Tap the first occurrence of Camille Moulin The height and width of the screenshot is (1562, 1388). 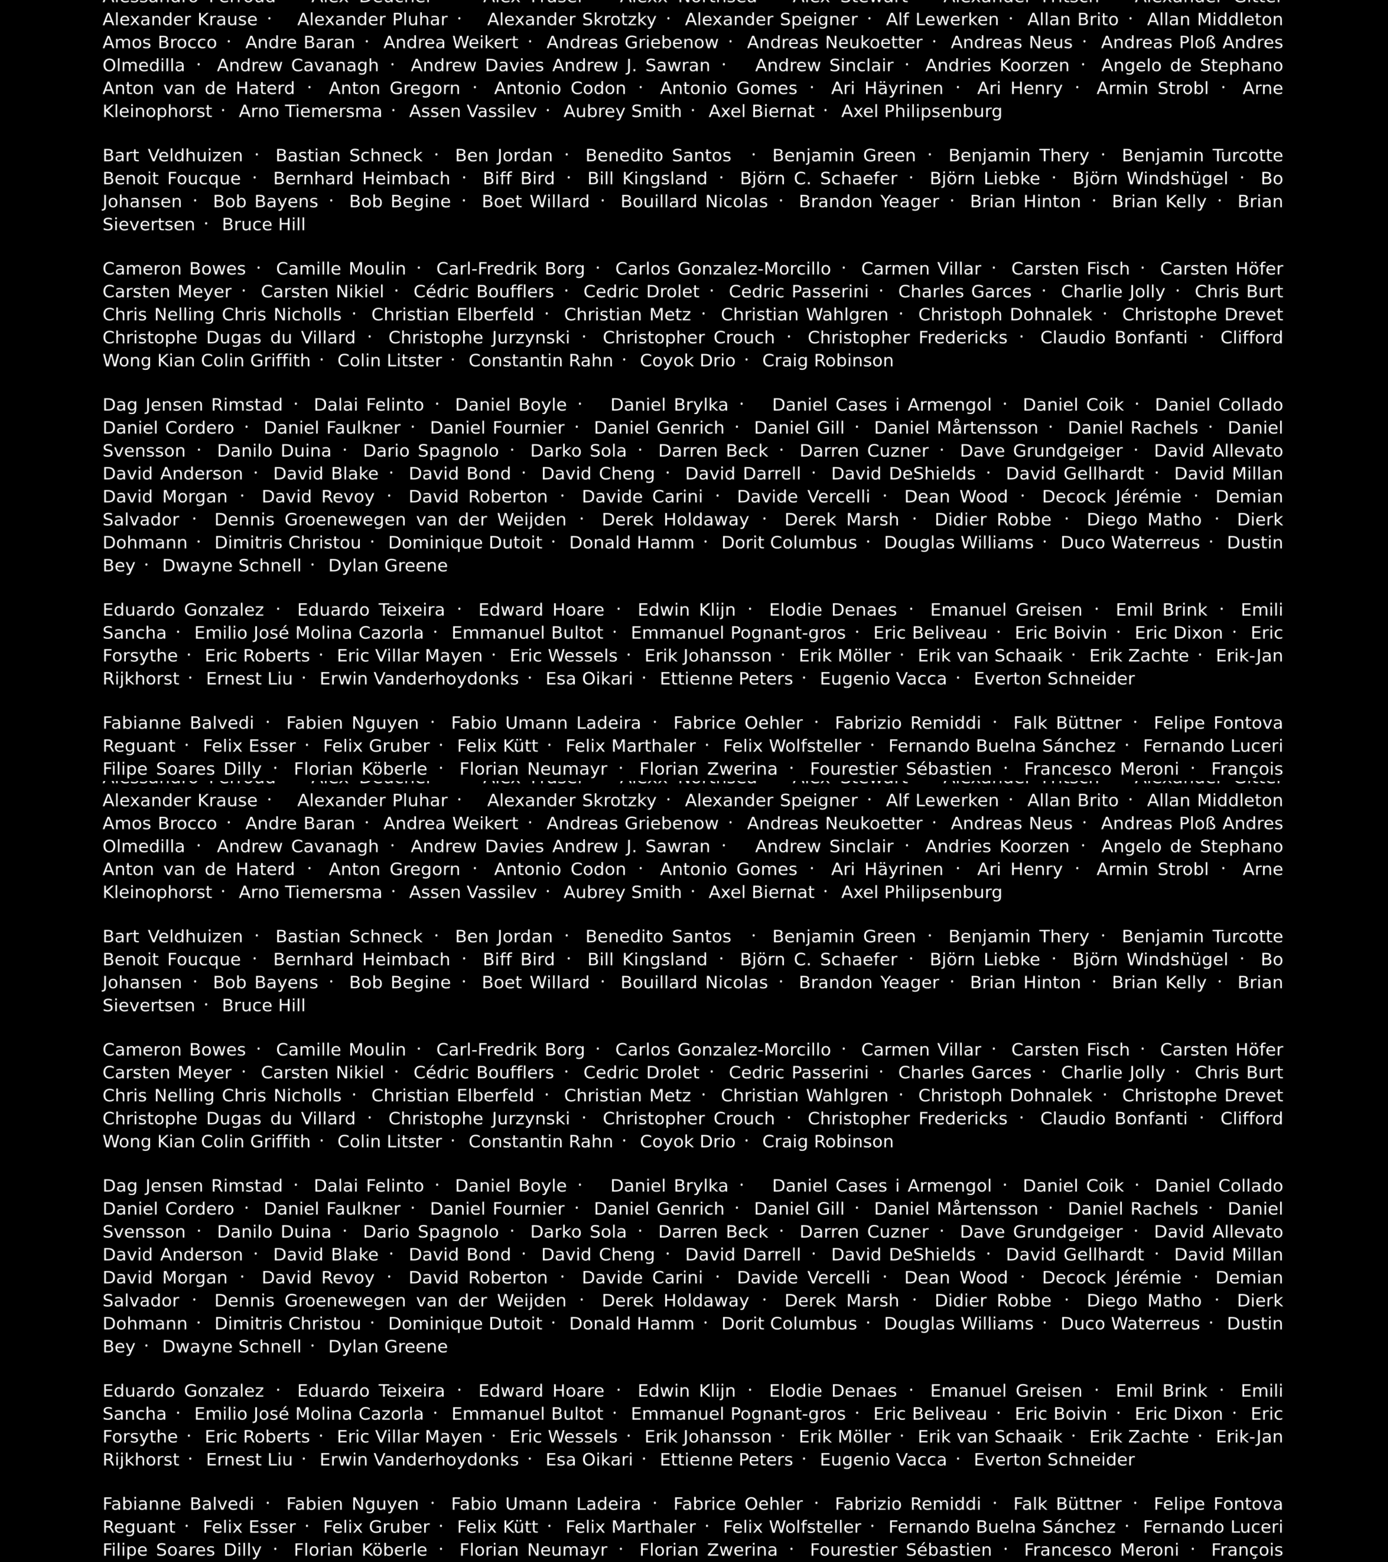pos(341,269)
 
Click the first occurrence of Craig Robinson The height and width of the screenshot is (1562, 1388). pos(827,361)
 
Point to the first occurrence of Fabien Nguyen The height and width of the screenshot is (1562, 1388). pos(352,723)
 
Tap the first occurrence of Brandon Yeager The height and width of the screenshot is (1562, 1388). pos(869,202)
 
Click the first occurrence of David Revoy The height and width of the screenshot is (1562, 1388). pos(318,497)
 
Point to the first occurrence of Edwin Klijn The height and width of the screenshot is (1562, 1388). pos(686,610)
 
